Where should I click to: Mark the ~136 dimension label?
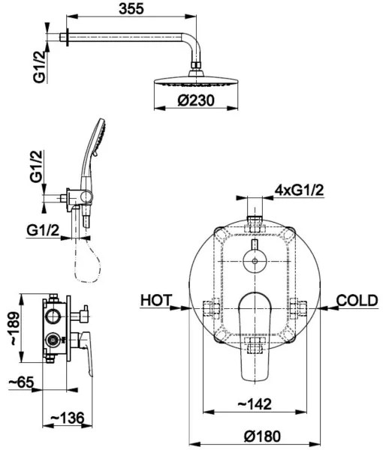point(67,416)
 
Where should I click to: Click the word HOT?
point(155,300)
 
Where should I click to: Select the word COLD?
point(356,300)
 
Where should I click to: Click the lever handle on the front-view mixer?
point(255,337)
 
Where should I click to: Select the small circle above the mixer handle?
point(255,262)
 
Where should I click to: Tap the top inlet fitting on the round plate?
point(255,220)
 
